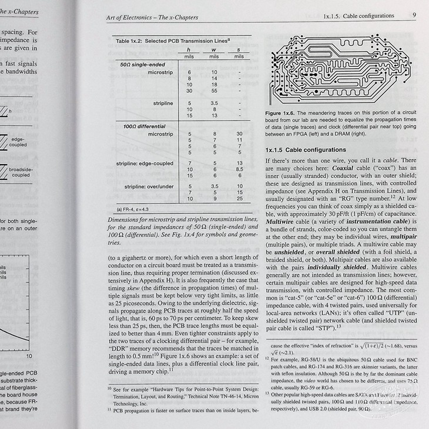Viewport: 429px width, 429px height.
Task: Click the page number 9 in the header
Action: click(415, 16)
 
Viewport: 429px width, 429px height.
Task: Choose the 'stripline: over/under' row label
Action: click(149, 186)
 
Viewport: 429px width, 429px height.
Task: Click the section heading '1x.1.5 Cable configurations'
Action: click(306, 150)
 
